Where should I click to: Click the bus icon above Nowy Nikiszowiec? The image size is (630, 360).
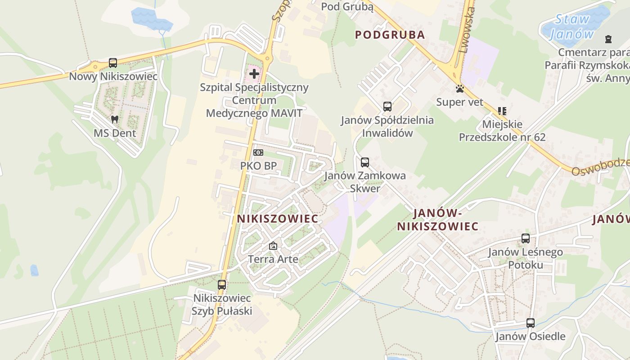pos(113,63)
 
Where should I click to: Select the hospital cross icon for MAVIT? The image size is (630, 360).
pos(254,73)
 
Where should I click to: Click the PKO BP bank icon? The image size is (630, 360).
pos(258,153)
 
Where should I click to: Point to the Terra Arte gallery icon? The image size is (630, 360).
pos(273,246)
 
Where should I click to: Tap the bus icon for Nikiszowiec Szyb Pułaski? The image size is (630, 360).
pos(222,284)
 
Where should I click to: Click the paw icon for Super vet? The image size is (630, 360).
pos(460,89)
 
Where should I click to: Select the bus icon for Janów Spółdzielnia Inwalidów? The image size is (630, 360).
pos(387,107)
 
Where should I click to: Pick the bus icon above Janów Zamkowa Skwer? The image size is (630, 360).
pos(364,162)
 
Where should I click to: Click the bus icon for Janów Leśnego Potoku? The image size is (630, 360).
pos(526,238)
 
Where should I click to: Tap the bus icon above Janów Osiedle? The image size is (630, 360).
pos(531,323)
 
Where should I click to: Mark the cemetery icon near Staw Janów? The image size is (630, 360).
pos(609,39)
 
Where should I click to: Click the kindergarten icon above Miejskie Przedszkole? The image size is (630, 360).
pos(502,111)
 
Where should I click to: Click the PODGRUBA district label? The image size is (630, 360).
pos(390,35)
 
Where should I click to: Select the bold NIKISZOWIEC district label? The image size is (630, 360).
pos(278,219)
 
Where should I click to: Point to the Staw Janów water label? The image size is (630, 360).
pos(571,27)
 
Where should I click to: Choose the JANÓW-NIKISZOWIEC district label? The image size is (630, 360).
pos(437,219)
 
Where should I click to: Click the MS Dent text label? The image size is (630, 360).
pos(115,133)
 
